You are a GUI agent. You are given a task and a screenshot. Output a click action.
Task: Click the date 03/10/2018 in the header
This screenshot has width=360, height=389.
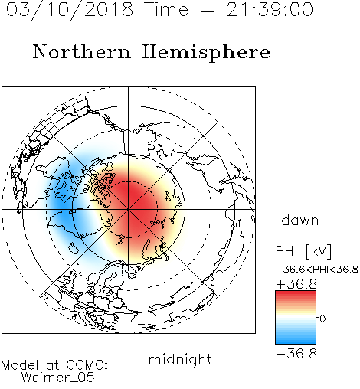[70, 10]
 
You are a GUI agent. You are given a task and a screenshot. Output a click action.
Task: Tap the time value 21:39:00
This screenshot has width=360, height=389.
[270, 10]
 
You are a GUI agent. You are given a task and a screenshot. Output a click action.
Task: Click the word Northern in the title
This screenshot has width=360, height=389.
[82, 52]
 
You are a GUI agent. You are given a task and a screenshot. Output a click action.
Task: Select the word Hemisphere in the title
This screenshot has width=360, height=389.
[206, 52]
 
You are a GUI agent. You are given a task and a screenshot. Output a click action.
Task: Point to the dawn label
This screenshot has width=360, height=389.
[300, 220]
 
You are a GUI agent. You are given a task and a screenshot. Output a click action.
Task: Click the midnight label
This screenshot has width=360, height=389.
[180, 360]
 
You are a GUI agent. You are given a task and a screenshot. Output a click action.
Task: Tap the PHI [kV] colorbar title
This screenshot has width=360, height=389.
[303, 251]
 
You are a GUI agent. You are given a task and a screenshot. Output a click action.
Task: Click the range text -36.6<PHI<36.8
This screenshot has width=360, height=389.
[317, 270]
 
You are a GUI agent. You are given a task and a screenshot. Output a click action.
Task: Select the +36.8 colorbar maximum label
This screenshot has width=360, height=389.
[296, 284]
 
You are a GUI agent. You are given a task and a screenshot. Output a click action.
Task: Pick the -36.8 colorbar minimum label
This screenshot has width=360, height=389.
[296, 354]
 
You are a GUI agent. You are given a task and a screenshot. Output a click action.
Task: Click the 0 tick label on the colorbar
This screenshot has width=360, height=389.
[322, 319]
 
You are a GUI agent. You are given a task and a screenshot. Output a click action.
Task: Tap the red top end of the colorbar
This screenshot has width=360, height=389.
[296, 293]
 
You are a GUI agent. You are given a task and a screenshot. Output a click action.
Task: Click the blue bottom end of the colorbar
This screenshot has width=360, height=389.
[296, 342]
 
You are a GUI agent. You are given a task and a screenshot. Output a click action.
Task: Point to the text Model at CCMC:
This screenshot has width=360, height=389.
[54, 365]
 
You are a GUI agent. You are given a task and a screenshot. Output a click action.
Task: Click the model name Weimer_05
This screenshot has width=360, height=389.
[58, 378]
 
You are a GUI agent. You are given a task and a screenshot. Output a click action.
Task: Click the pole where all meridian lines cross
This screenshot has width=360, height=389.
[129, 210]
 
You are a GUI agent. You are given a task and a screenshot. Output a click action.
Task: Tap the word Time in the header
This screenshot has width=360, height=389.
[166, 10]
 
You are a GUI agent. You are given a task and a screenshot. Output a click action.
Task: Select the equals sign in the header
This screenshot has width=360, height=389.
[208, 11]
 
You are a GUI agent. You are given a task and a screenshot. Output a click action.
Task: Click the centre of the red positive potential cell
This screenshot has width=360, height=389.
[133, 204]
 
